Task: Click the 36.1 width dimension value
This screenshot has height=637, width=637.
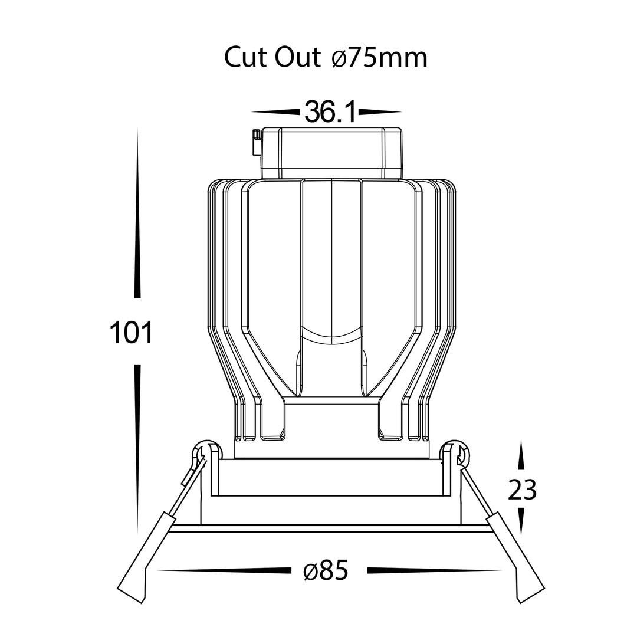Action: pos(330,112)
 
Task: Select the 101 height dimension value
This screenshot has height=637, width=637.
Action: pos(131,332)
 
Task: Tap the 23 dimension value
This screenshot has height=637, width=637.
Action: pos(522,490)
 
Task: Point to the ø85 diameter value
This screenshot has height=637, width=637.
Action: pos(326,570)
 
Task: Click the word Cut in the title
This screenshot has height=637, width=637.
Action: pos(245,57)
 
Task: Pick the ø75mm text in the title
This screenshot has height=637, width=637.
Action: pos(379,58)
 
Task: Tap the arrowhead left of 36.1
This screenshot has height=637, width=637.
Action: pos(276,111)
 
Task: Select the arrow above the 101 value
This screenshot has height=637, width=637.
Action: pos(137,214)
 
